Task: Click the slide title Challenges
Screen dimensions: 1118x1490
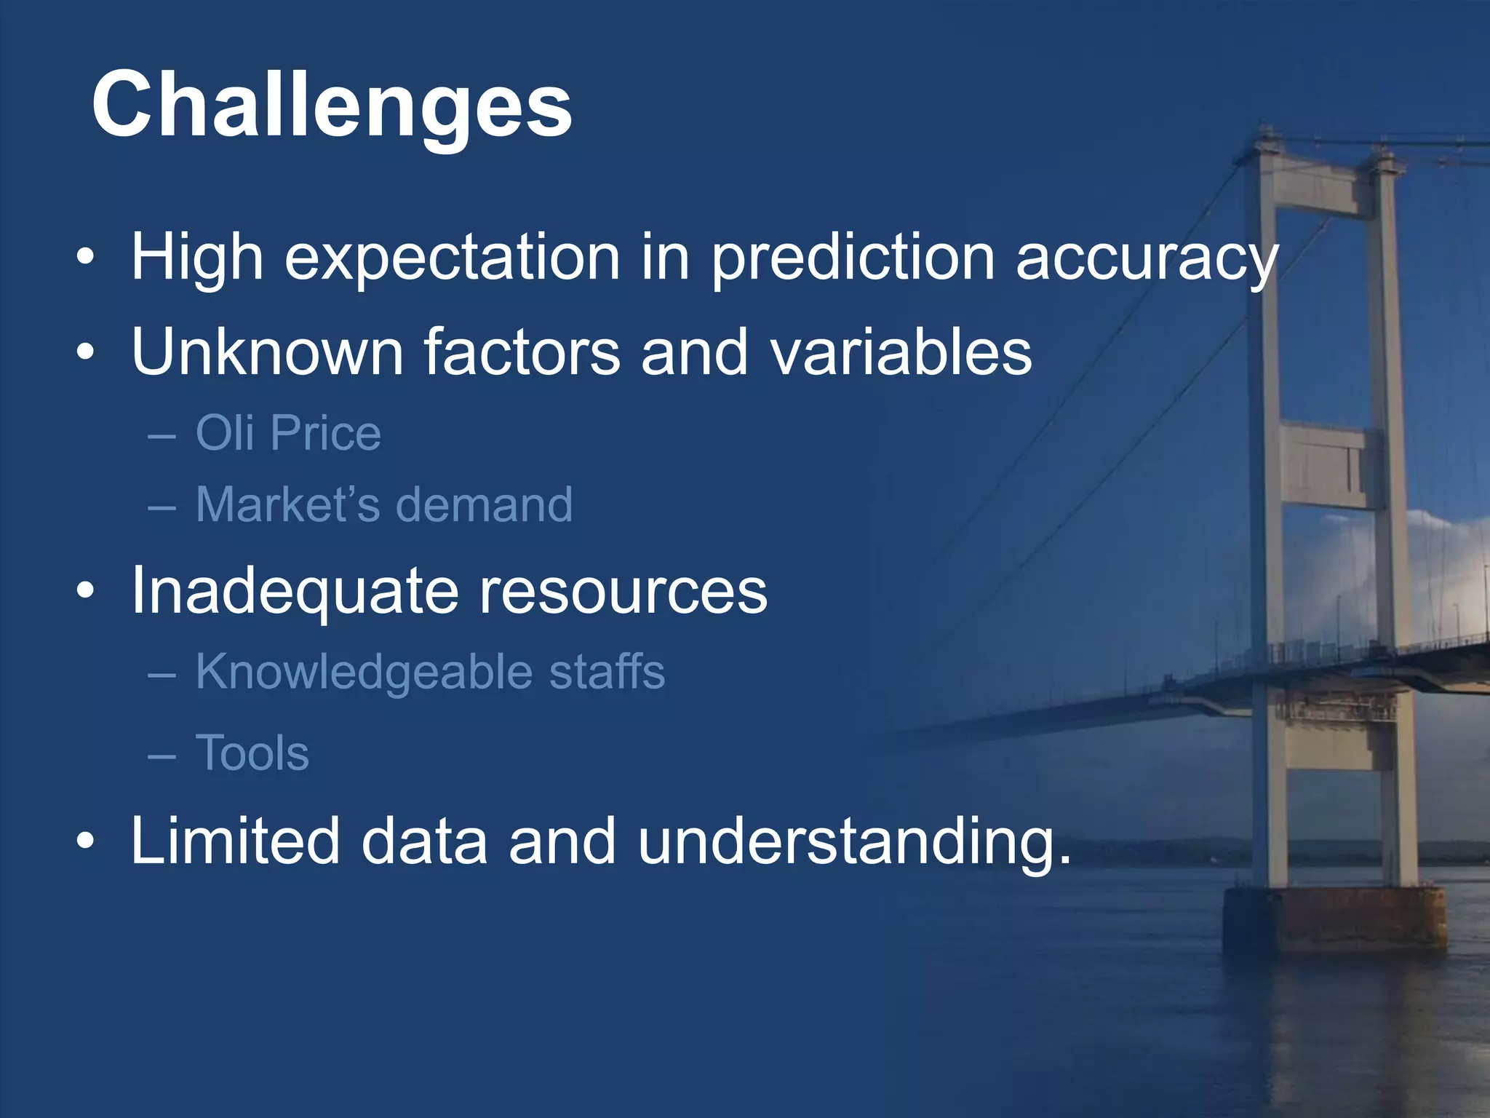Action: (332, 106)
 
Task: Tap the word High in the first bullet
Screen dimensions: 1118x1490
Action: (196, 258)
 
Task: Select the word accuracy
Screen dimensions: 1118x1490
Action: (1147, 258)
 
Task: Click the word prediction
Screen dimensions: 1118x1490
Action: (852, 258)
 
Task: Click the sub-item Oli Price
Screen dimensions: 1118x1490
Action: (288, 433)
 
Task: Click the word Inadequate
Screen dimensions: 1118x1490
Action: (295, 590)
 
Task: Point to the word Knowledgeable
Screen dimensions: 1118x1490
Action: (364, 671)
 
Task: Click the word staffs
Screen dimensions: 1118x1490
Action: (607, 671)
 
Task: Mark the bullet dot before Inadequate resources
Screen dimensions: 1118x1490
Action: (85, 591)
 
